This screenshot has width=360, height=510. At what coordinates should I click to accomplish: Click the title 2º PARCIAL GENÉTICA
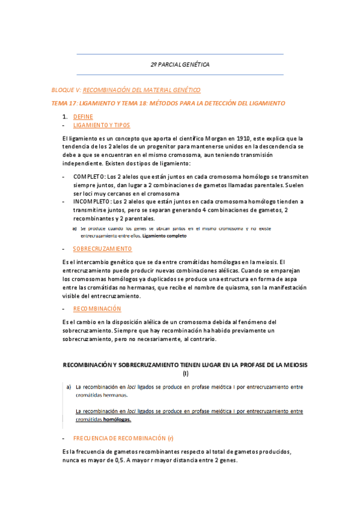tap(180, 64)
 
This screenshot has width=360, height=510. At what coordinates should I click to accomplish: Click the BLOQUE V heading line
tap(126, 90)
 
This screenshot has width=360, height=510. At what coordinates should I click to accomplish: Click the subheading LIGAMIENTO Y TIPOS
tap(101, 125)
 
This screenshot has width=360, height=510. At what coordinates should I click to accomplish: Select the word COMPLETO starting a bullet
tap(89, 177)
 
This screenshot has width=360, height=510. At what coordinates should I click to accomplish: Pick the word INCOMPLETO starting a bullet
tap(93, 202)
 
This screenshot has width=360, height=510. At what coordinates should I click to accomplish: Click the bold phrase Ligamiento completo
tap(163, 236)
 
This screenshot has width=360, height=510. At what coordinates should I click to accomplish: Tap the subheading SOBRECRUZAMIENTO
tap(102, 248)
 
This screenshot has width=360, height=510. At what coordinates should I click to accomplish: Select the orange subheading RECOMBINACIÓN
tap(96, 309)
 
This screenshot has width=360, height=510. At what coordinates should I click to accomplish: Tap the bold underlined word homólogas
tap(118, 420)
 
